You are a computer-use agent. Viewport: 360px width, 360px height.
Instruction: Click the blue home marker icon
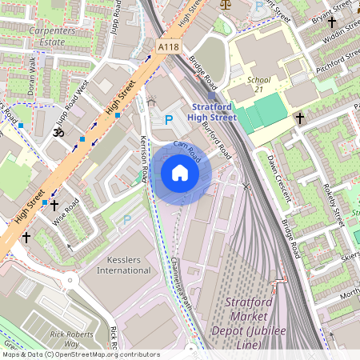coord(180,173)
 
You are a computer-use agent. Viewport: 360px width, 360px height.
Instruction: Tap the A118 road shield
coord(168,48)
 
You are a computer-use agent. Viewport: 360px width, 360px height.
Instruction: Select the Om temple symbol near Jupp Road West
coord(57,130)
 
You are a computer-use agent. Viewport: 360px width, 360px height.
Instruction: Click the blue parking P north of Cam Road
coord(168,119)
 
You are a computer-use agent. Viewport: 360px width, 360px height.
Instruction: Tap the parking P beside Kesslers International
coord(126,219)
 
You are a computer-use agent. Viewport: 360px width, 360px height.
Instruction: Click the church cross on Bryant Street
coord(330,23)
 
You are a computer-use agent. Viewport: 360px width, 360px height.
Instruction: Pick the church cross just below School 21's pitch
coord(300,118)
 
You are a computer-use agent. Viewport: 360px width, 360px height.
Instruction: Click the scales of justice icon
coord(223,4)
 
